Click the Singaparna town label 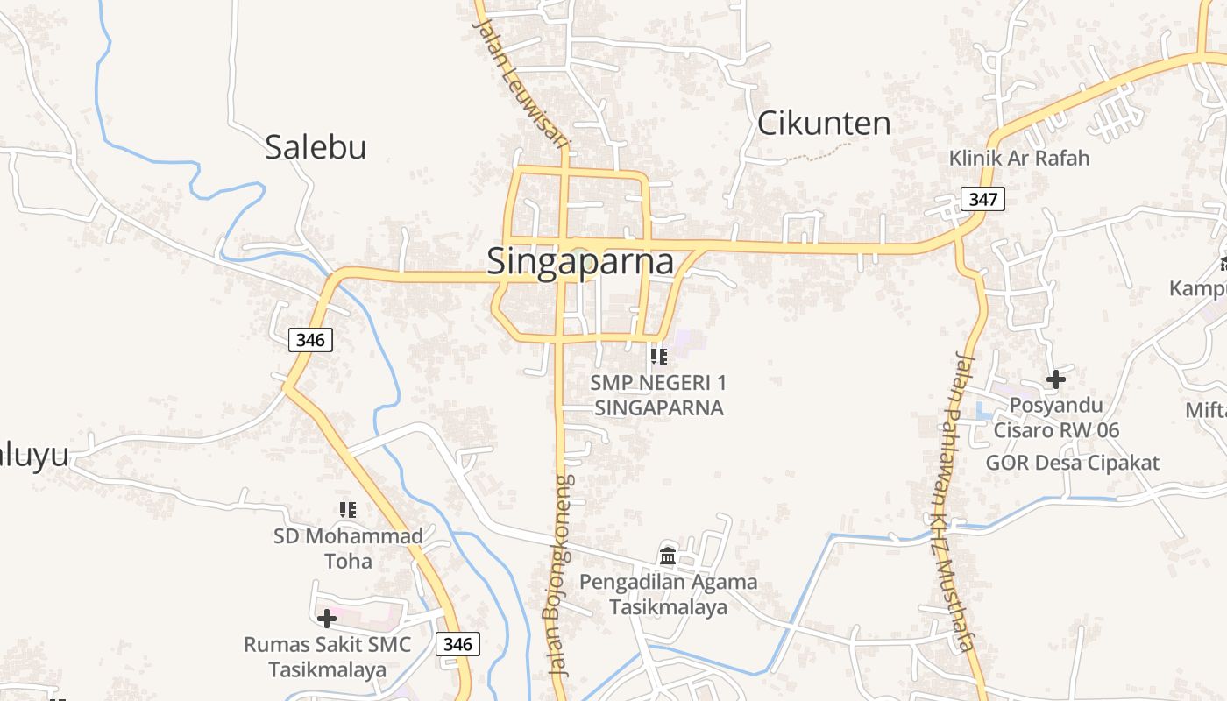coord(580,262)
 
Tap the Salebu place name coord(316,147)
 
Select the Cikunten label coord(823,124)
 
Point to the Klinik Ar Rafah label coord(1019,159)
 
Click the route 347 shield coord(982,200)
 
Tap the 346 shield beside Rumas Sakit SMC coord(457,645)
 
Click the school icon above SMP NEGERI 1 coord(658,356)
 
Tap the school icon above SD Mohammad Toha coord(348,509)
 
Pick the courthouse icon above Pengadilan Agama coord(668,556)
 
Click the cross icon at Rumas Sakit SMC coord(327,619)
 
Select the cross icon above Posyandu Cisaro coord(1056,379)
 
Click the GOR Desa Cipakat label coord(1072,463)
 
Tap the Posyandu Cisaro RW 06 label coord(1056,418)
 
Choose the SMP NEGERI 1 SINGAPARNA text coord(658,395)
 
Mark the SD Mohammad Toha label coord(348,548)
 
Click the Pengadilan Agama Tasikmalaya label coord(668,594)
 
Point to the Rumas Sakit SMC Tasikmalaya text coord(327,657)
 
